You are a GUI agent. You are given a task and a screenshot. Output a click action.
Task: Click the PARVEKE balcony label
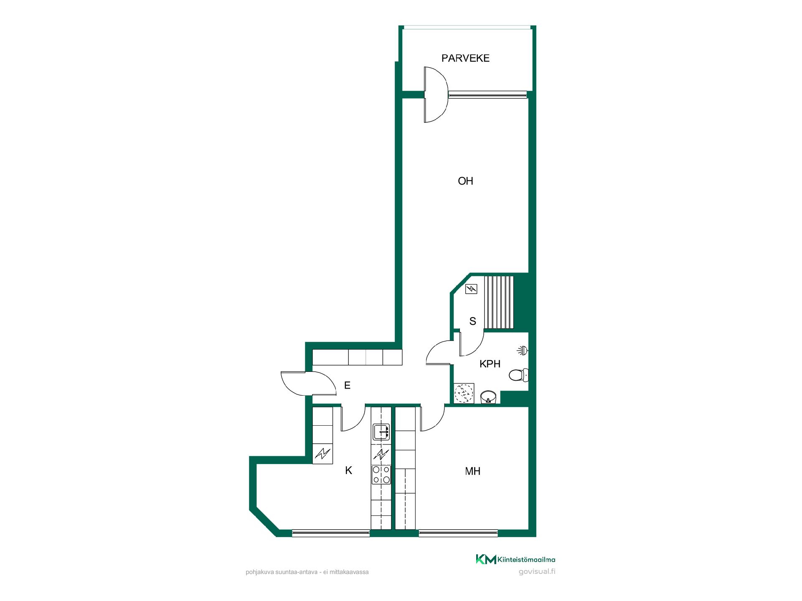tap(465, 58)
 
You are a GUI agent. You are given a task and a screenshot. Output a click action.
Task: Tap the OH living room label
tap(465, 181)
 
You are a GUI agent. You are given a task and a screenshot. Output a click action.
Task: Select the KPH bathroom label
tap(490, 364)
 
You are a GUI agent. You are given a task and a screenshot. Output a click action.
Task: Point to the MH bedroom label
tap(472, 471)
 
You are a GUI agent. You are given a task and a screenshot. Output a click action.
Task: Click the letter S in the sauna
tap(473, 321)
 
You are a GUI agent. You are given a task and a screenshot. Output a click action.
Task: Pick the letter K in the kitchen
tap(348, 471)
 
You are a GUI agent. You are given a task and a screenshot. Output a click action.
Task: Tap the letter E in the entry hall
tap(347, 385)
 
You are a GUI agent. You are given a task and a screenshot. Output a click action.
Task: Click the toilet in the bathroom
tap(519, 375)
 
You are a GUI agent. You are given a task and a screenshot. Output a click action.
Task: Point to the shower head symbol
tap(522, 350)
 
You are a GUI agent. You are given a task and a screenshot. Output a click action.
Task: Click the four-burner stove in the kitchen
tap(381, 475)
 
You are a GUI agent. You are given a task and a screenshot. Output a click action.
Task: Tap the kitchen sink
tap(381, 432)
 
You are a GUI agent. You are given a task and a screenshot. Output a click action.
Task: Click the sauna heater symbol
tap(471, 288)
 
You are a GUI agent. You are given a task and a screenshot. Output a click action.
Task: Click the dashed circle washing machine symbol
tap(464, 393)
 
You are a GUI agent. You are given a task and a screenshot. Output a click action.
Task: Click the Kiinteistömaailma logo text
tap(526, 560)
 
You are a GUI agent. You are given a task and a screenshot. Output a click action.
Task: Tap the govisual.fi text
tap(537, 572)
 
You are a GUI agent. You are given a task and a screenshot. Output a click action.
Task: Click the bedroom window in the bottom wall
tap(459, 533)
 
